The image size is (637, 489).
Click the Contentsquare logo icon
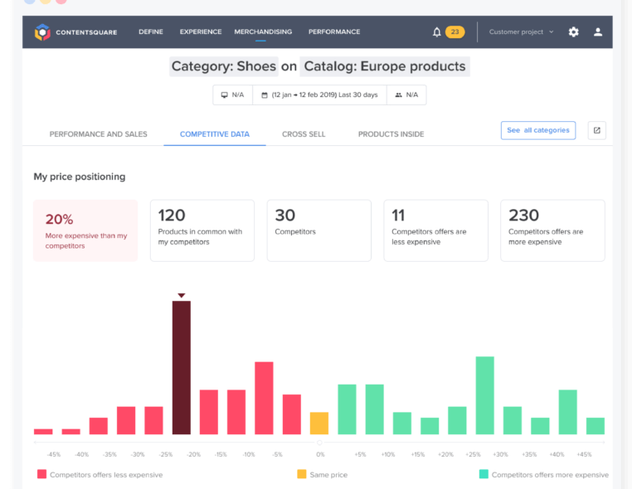[x=42, y=32]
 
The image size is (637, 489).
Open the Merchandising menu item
[x=263, y=32]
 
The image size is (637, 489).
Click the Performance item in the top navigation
[x=334, y=32]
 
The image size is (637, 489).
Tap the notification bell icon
[x=437, y=32]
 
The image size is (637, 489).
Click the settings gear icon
[x=573, y=32]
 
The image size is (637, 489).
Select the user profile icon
[x=598, y=32]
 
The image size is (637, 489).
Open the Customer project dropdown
[x=521, y=32]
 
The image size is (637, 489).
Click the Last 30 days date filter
[x=319, y=95]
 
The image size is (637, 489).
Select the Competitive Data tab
[x=215, y=133]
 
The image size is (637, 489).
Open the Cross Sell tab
[x=304, y=133]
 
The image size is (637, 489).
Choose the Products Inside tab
[x=391, y=133]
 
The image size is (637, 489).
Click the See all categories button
[x=538, y=130]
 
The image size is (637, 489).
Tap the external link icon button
[x=596, y=130]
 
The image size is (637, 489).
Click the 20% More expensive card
[x=85, y=230]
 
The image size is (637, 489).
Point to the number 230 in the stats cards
[x=523, y=216]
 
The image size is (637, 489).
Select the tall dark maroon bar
[x=182, y=367]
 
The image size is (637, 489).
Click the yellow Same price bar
[x=319, y=423]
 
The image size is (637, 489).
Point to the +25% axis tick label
[x=473, y=454]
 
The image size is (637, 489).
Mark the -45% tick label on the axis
[x=54, y=454]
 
